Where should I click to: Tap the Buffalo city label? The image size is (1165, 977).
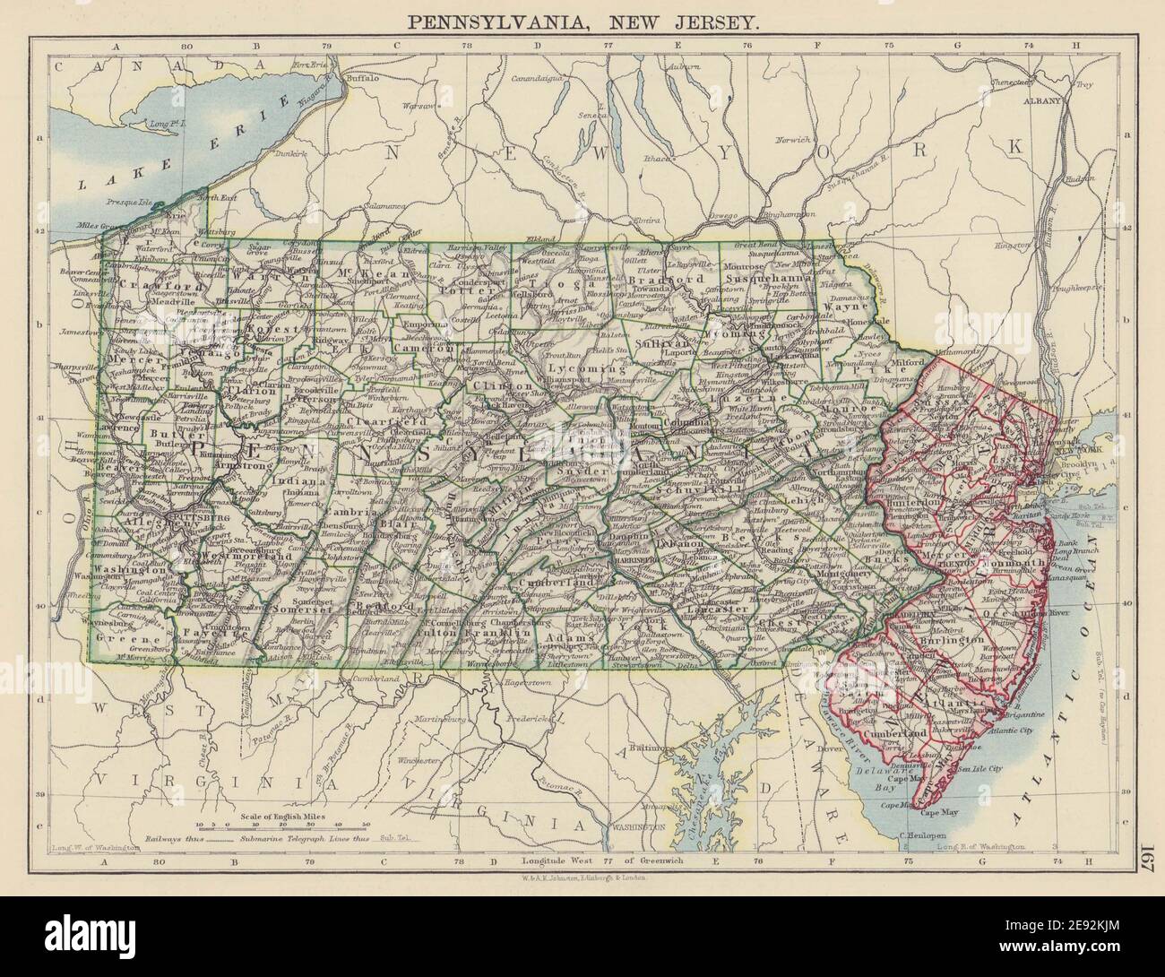[x=362, y=79]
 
